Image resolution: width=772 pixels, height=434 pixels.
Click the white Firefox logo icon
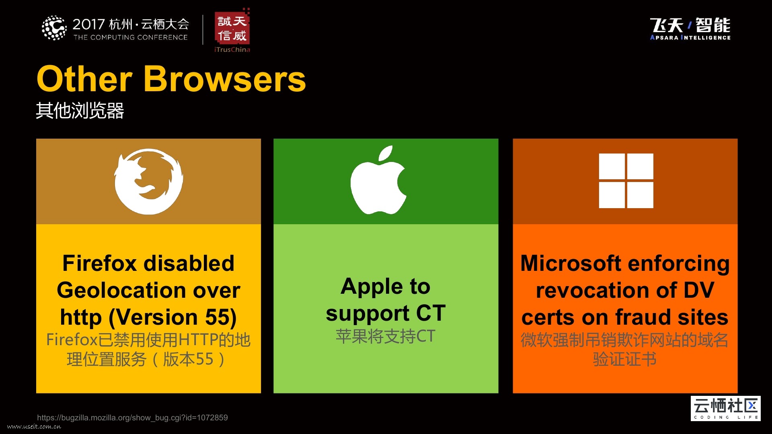(x=148, y=181)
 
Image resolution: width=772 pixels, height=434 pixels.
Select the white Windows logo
(x=626, y=181)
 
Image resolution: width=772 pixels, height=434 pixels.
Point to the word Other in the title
(x=84, y=79)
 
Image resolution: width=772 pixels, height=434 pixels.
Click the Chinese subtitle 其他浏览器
(x=80, y=111)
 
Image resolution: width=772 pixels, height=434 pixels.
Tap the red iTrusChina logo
(x=232, y=30)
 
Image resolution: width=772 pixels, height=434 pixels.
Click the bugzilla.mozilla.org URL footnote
(x=132, y=418)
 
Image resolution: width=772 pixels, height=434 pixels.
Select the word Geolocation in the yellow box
(x=122, y=290)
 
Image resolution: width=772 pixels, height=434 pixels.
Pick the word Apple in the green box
(x=372, y=287)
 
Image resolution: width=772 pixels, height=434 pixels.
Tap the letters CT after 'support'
(x=431, y=313)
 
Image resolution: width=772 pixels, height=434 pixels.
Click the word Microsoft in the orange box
(x=571, y=264)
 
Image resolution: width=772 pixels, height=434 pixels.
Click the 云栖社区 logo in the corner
(x=726, y=408)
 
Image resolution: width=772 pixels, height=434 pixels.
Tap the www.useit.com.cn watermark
(x=34, y=426)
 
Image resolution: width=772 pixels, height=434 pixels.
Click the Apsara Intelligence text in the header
(x=690, y=37)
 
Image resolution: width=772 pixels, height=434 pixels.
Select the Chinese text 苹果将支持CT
(x=386, y=336)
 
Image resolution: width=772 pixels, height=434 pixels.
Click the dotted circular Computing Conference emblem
(x=54, y=28)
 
